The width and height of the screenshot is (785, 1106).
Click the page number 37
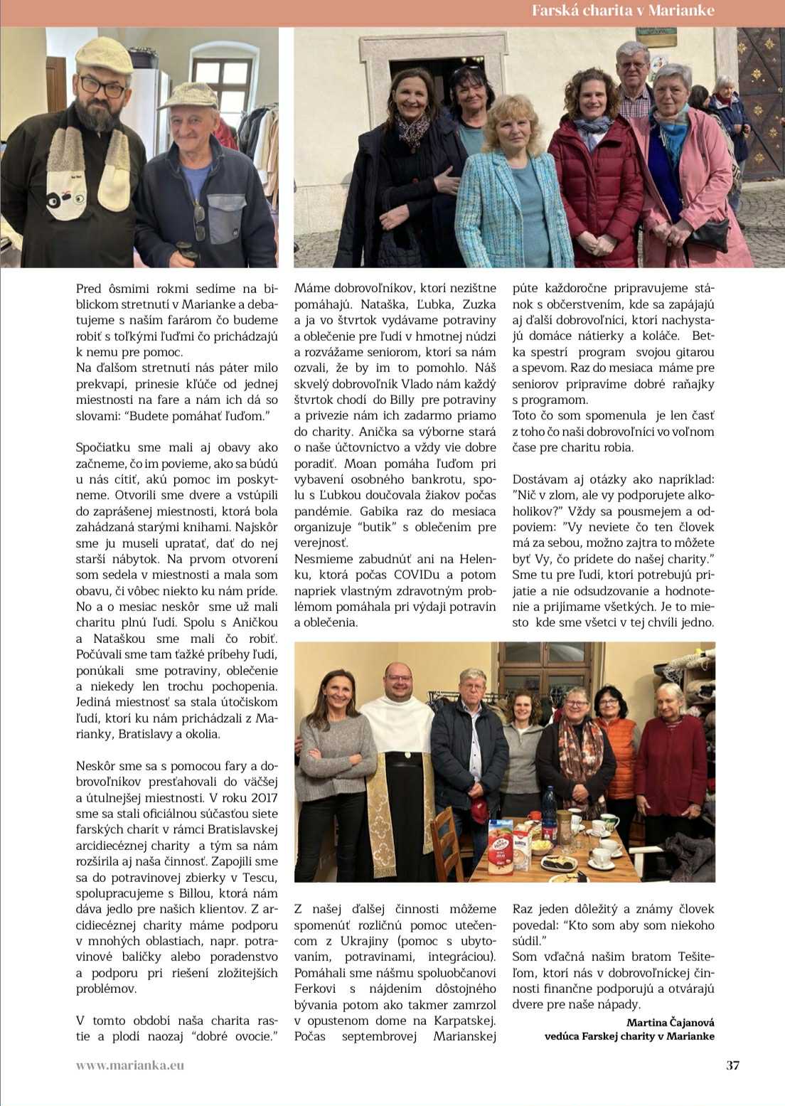click(x=732, y=1065)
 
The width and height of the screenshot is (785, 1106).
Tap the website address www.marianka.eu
click(x=130, y=1065)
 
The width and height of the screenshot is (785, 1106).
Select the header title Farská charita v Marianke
click(x=623, y=11)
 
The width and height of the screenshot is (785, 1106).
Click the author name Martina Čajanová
click(x=670, y=1023)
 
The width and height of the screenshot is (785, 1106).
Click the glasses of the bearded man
click(x=102, y=87)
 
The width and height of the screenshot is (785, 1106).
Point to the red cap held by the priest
click(x=480, y=809)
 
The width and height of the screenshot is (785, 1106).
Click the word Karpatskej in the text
click(x=464, y=1021)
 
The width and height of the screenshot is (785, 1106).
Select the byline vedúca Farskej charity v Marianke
click(x=629, y=1036)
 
